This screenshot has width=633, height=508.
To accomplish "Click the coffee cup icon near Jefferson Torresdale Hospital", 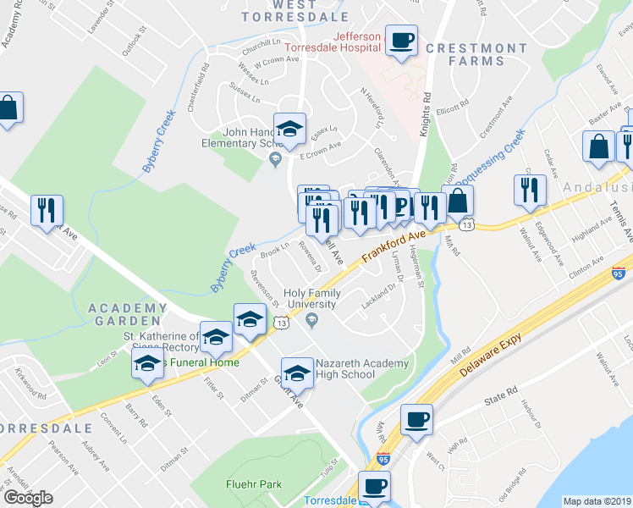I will pos(401,39).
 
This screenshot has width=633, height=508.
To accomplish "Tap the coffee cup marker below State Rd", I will pos(417,419).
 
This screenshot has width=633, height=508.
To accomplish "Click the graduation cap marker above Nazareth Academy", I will pos(249,318).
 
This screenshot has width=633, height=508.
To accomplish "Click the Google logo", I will pos(29,497).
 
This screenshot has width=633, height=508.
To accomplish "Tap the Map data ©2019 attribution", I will pos(597,501).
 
